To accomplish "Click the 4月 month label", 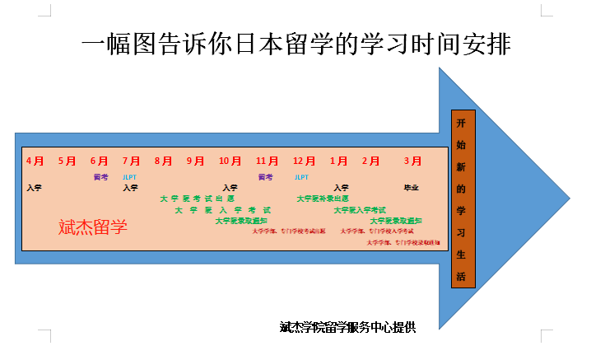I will (x=35, y=161).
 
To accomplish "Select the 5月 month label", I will (x=67, y=161).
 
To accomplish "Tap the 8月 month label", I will (x=164, y=161).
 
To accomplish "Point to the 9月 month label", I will (x=195, y=161).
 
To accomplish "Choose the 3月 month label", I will (x=412, y=161).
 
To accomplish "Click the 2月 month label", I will (x=371, y=161).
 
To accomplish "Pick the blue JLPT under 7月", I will (x=130, y=177).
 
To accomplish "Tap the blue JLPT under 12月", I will (x=302, y=177).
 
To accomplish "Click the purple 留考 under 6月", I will (x=100, y=177).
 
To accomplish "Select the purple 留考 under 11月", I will (x=265, y=177).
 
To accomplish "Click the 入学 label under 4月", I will (x=34, y=188).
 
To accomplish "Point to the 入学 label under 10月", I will (x=230, y=188).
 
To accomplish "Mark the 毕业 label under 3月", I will (x=411, y=188).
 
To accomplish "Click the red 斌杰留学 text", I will (x=93, y=227).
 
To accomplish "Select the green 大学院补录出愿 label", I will (x=323, y=199).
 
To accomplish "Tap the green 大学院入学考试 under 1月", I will (x=360, y=210).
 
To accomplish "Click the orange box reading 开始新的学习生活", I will (x=464, y=198).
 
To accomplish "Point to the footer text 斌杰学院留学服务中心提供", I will (x=347, y=327).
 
